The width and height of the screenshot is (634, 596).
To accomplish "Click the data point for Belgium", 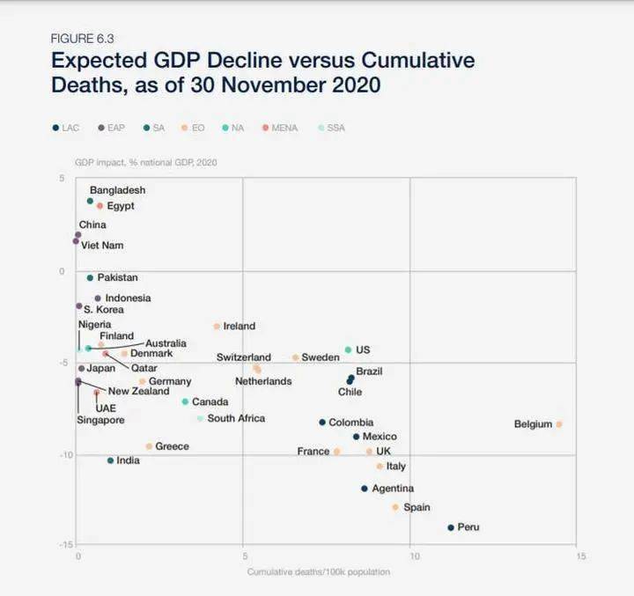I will coord(559,424).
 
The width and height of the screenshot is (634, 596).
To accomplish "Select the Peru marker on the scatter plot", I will coord(451,527).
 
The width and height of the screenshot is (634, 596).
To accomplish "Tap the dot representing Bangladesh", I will coord(90,201).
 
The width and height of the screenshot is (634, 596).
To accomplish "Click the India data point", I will coord(110,460).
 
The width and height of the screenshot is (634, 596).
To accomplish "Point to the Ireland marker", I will coord(216,327).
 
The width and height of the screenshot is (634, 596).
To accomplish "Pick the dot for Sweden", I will coord(295,357).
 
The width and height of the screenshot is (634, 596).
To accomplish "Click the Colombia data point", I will coord(322,423).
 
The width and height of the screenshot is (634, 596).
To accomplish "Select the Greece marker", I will coord(149,446).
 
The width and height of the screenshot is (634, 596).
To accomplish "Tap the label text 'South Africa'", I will coord(236,418).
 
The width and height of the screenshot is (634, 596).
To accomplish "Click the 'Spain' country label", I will coord(417,507).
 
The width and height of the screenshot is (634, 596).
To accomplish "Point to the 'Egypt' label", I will coord(121,206).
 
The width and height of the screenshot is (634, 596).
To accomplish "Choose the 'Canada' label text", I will coord(210,401).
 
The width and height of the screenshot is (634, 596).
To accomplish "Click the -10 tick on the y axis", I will coord(62,454).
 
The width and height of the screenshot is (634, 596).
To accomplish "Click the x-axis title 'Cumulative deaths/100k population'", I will coord(318,572).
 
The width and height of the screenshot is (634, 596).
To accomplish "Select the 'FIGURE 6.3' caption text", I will coord(83,39).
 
